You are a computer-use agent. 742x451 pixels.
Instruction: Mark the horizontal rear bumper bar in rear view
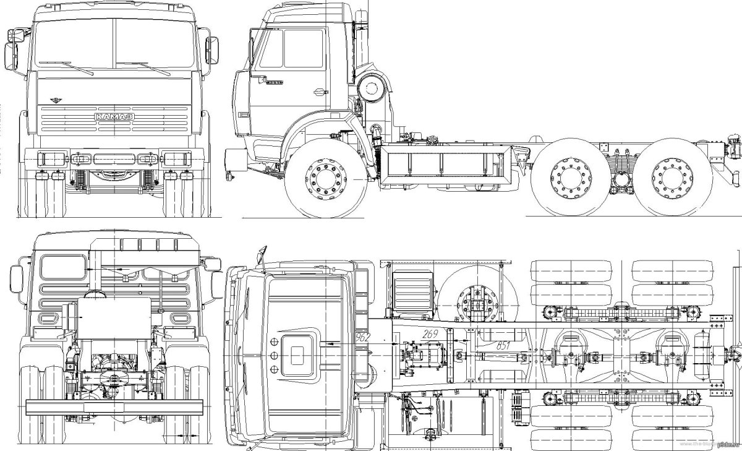point(114,406)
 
